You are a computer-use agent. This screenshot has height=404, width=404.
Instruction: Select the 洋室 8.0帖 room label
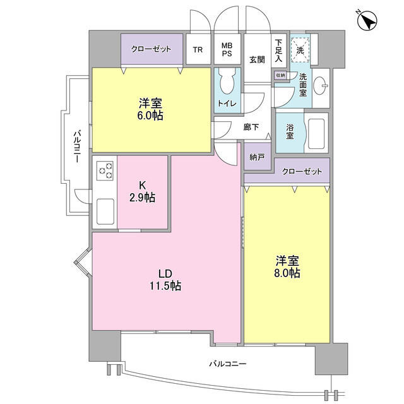(287, 267)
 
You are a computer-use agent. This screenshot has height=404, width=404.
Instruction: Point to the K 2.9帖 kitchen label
(143, 192)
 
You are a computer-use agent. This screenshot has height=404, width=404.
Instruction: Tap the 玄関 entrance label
(256, 60)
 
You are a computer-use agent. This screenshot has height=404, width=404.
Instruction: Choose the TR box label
(198, 50)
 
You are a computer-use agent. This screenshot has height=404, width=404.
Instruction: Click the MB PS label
(226, 50)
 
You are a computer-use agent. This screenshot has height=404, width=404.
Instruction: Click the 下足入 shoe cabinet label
(278, 49)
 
